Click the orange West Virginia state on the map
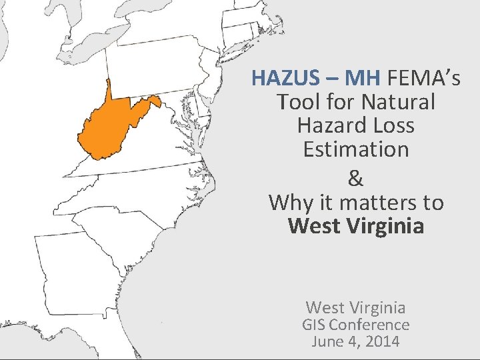pos(110,130)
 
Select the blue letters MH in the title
pos(363,79)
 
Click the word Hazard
pos(327,125)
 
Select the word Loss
pos(391,125)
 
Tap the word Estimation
pos(356,149)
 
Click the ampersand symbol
pos(356,178)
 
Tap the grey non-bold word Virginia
pos(382,307)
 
